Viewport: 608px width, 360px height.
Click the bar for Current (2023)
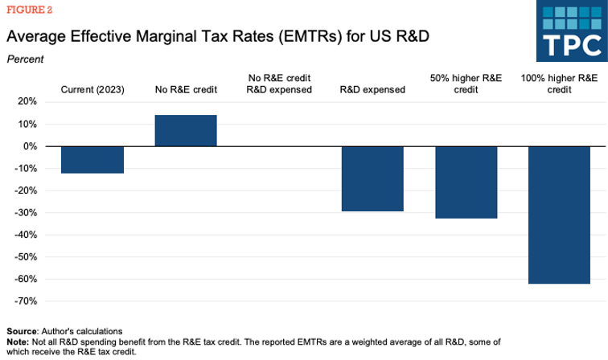92,160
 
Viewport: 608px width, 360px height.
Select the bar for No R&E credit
186,131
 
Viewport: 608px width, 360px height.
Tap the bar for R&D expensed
372,178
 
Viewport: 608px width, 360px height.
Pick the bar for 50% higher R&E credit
466,182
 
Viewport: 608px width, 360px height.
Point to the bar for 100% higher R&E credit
560,215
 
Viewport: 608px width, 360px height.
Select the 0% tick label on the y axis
29,146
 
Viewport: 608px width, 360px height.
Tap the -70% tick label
25,301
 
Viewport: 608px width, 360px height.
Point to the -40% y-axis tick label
25,235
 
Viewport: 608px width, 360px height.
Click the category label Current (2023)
92,90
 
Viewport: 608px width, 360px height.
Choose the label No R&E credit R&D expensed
279,84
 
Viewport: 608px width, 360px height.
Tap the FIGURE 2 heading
27,11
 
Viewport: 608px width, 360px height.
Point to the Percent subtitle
25,59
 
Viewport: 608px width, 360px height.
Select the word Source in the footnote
22,331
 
